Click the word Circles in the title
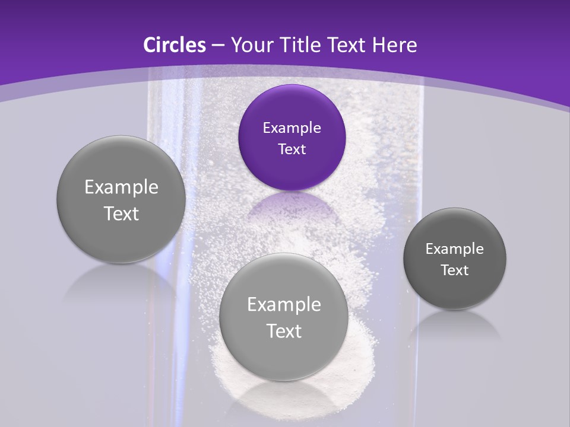click(x=174, y=45)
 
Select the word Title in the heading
click(x=303, y=45)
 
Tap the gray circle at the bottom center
click(x=284, y=356)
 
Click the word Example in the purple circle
click(x=292, y=128)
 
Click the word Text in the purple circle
click(x=292, y=149)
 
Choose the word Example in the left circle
click(x=121, y=187)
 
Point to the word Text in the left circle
click(x=121, y=213)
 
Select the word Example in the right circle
click(x=454, y=249)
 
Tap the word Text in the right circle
click(x=454, y=270)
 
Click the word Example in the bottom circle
click(x=284, y=305)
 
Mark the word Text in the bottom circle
click(x=284, y=331)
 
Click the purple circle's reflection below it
click(x=292, y=208)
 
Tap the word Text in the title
click(x=347, y=45)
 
